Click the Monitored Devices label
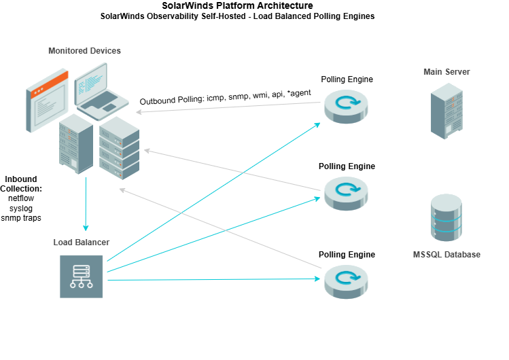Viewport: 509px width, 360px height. [84, 51]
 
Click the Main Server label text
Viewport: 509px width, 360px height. [446, 72]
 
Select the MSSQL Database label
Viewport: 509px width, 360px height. [446, 255]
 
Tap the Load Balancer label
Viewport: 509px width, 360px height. [82, 242]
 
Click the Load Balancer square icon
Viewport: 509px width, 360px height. [82, 276]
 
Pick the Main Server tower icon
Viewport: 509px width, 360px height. [446, 111]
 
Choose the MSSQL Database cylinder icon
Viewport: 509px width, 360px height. [446, 218]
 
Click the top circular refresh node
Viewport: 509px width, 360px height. [346, 105]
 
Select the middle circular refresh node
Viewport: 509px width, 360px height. [346, 192]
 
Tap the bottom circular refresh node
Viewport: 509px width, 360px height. [346, 281]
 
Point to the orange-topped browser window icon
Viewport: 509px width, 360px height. [47, 99]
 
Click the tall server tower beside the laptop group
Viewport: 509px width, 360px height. [75, 143]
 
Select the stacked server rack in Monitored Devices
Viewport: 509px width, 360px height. [119, 148]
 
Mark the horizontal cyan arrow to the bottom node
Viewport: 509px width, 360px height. [214, 279]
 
